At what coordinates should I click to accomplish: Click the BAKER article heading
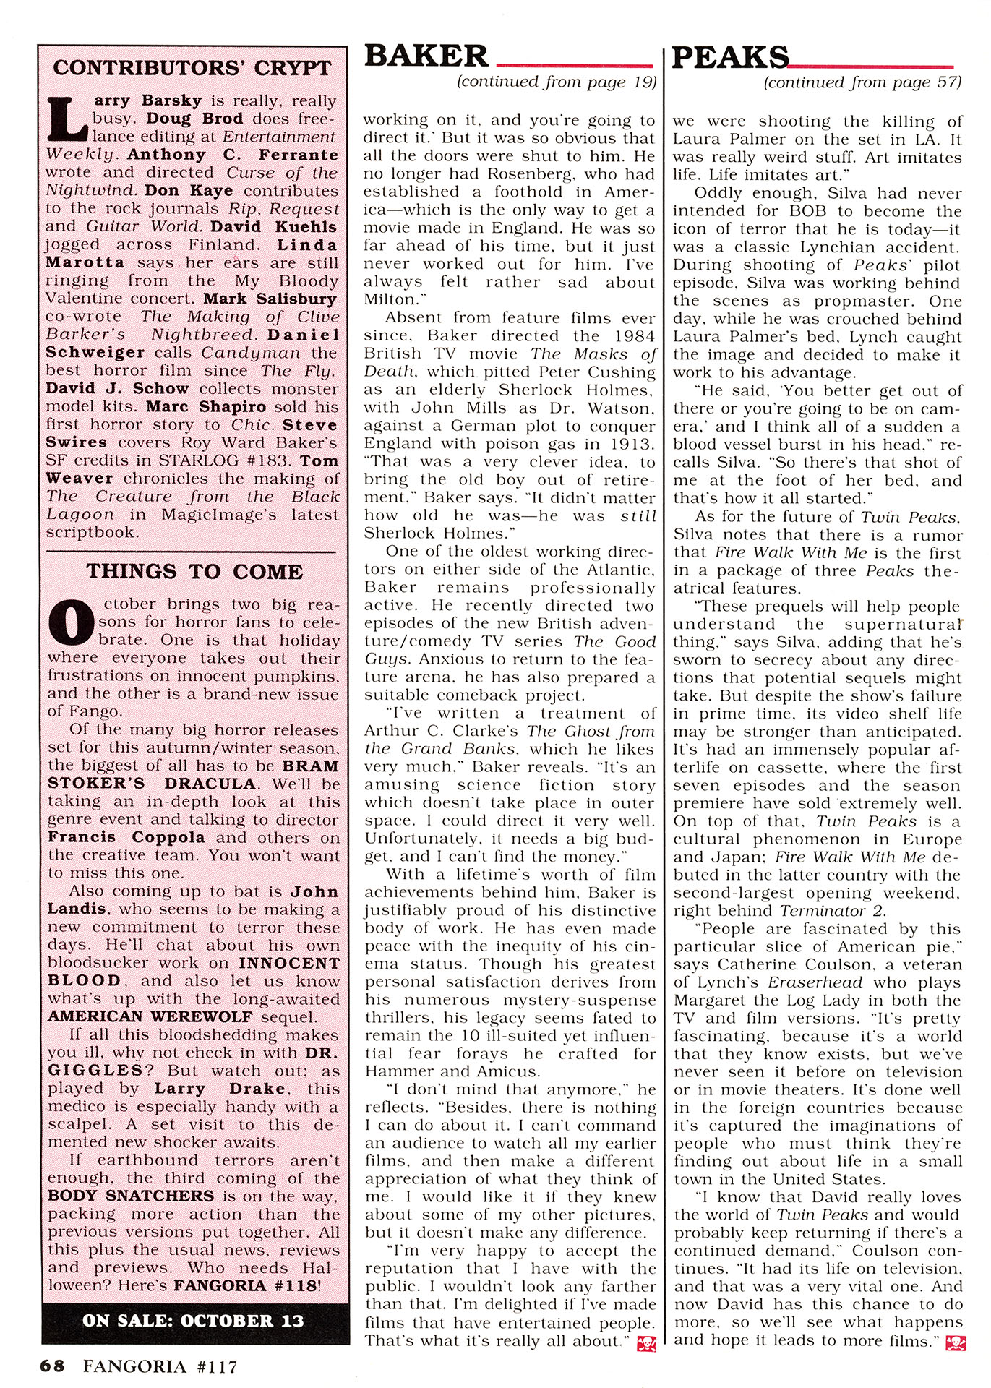tap(426, 56)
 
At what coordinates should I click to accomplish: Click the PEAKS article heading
tap(730, 57)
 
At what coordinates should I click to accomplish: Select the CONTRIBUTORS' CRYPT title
tap(192, 68)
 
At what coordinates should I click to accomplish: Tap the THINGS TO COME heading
tap(194, 572)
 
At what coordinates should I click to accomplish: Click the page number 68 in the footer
tap(53, 1366)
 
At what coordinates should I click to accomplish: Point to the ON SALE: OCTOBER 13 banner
tap(194, 1321)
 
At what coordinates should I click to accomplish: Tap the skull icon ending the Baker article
tap(646, 1344)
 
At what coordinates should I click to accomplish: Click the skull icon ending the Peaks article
tap(954, 1343)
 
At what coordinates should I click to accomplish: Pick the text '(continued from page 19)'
tap(556, 82)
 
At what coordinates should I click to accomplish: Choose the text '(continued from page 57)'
tap(862, 83)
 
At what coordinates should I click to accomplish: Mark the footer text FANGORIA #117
tap(160, 1366)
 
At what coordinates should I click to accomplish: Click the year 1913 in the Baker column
tap(633, 444)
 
